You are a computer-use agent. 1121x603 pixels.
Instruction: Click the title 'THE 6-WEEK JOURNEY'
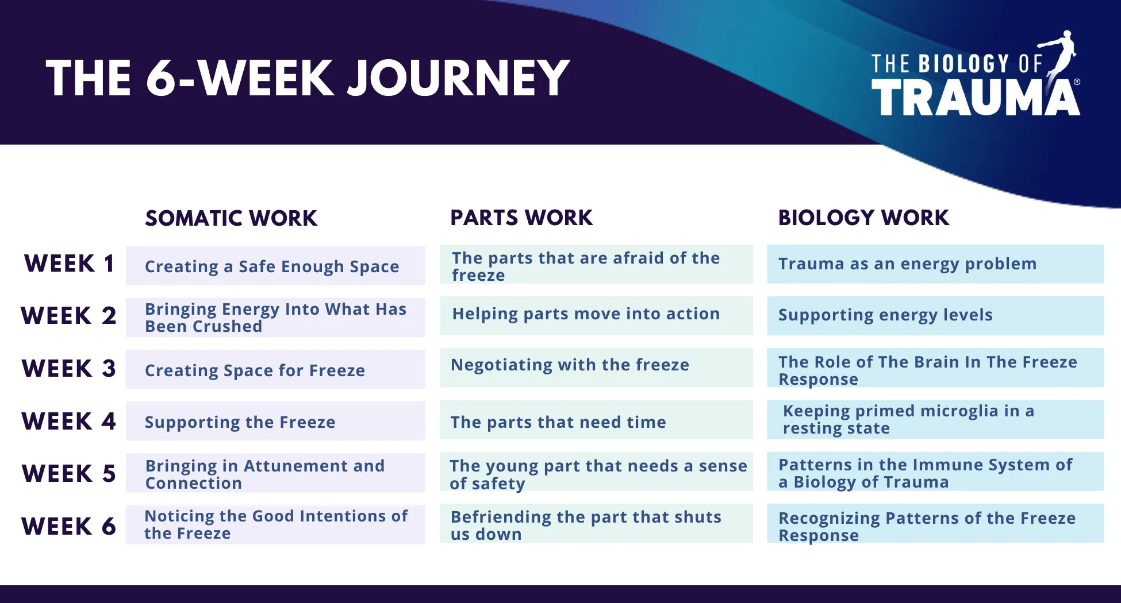pyautogui.click(x=308, y=78)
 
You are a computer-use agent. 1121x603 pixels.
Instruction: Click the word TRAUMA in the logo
pyautogui.click(x=976, y=97)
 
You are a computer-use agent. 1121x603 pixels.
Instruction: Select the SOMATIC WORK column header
pyautogui.click(x=231, y=218)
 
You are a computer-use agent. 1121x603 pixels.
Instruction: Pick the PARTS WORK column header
pyautogui.click(x=521, y=218)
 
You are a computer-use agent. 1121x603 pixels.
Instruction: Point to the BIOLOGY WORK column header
pyautogui.click(x=863, y=218)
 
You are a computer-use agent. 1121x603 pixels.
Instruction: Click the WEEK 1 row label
pyautogui.click(x=70, y=264)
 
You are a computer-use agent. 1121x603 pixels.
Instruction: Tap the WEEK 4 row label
pyautogui.click(x=69, y=421)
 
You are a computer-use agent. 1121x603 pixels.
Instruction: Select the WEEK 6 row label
pyautogui.click(x=69, y=526)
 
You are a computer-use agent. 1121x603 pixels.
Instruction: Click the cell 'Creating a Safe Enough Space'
pyautogui.click(x=275, y=266)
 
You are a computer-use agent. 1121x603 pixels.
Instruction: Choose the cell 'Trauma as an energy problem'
pyautogui.click(x=935, y=264)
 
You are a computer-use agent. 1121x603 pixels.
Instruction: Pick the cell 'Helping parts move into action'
pyautogui.click(x=596, y=315)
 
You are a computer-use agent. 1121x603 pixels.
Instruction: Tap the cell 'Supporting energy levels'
pyautogui.click(x=935, y=315)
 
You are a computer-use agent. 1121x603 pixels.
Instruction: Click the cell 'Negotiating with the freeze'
pyautogui.click(x=596, y=367)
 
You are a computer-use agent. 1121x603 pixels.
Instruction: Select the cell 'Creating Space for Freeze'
pyautogui.click(x=275, y=369)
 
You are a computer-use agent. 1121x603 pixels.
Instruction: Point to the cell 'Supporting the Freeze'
pyautogui.click(x=275, y=421)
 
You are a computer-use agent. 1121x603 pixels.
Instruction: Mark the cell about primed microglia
pyautogui.click(x=935, y=420)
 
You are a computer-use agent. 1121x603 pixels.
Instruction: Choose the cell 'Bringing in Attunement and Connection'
pyautogui.click(x=275, y=473)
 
